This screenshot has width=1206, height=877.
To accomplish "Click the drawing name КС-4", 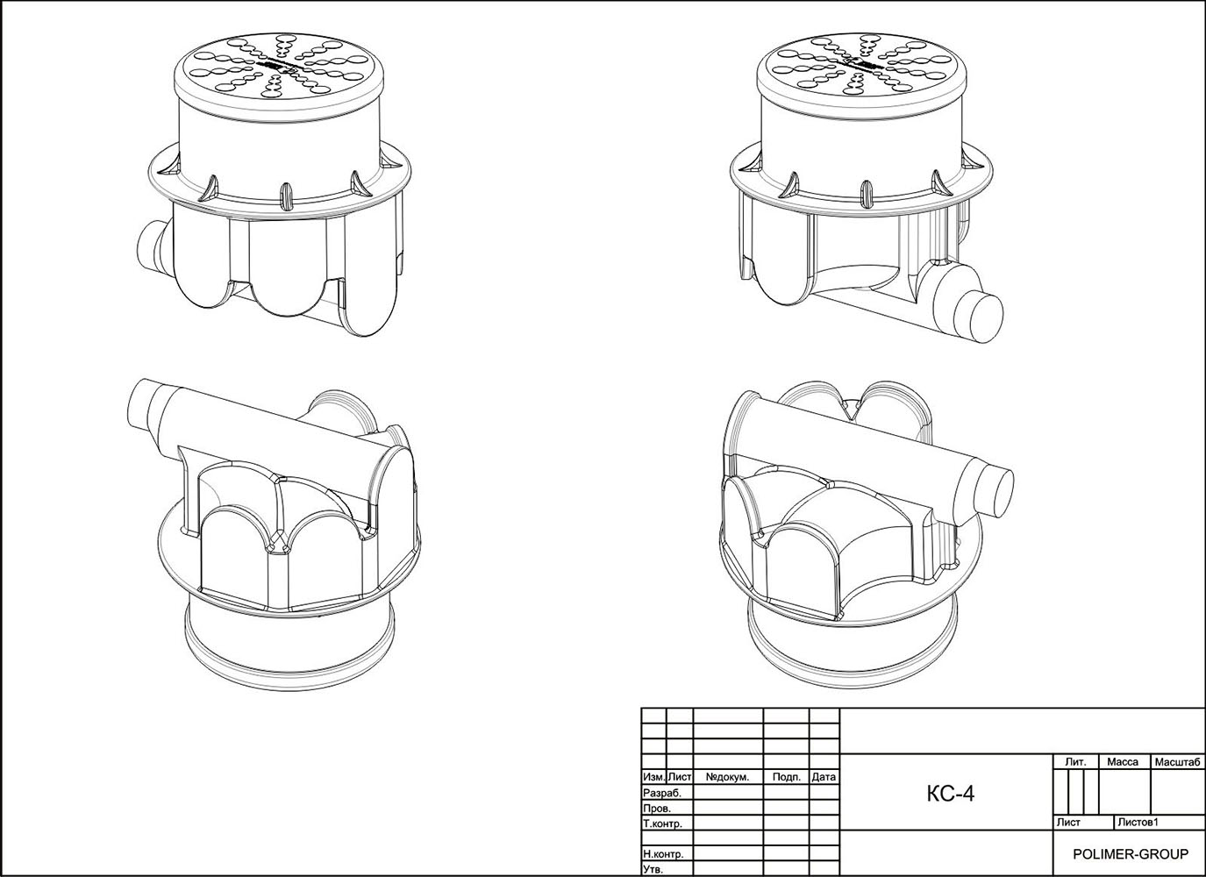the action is click(950, 794).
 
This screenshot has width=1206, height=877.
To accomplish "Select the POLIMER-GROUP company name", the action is click(1131, 854).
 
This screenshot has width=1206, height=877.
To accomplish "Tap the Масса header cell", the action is click(1123, 762).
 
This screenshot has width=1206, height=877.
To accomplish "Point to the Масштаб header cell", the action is click(1178, 762).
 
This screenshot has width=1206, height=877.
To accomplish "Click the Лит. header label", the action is click(1075, 762).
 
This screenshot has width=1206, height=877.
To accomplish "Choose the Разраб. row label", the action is click(662, 793).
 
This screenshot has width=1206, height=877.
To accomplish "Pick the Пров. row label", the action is click(657, 809).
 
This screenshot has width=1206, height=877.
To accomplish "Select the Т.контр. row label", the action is click(663, 824).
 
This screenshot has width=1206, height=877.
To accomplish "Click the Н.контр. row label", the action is click(663, 854).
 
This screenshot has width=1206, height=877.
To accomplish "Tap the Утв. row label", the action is click(653, 869).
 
